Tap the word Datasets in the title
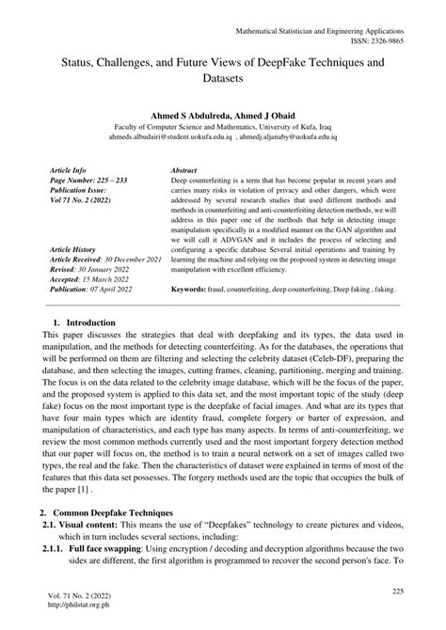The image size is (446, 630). (222, 80)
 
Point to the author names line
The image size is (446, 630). (222, 111)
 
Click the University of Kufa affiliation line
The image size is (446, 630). (222, 124)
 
